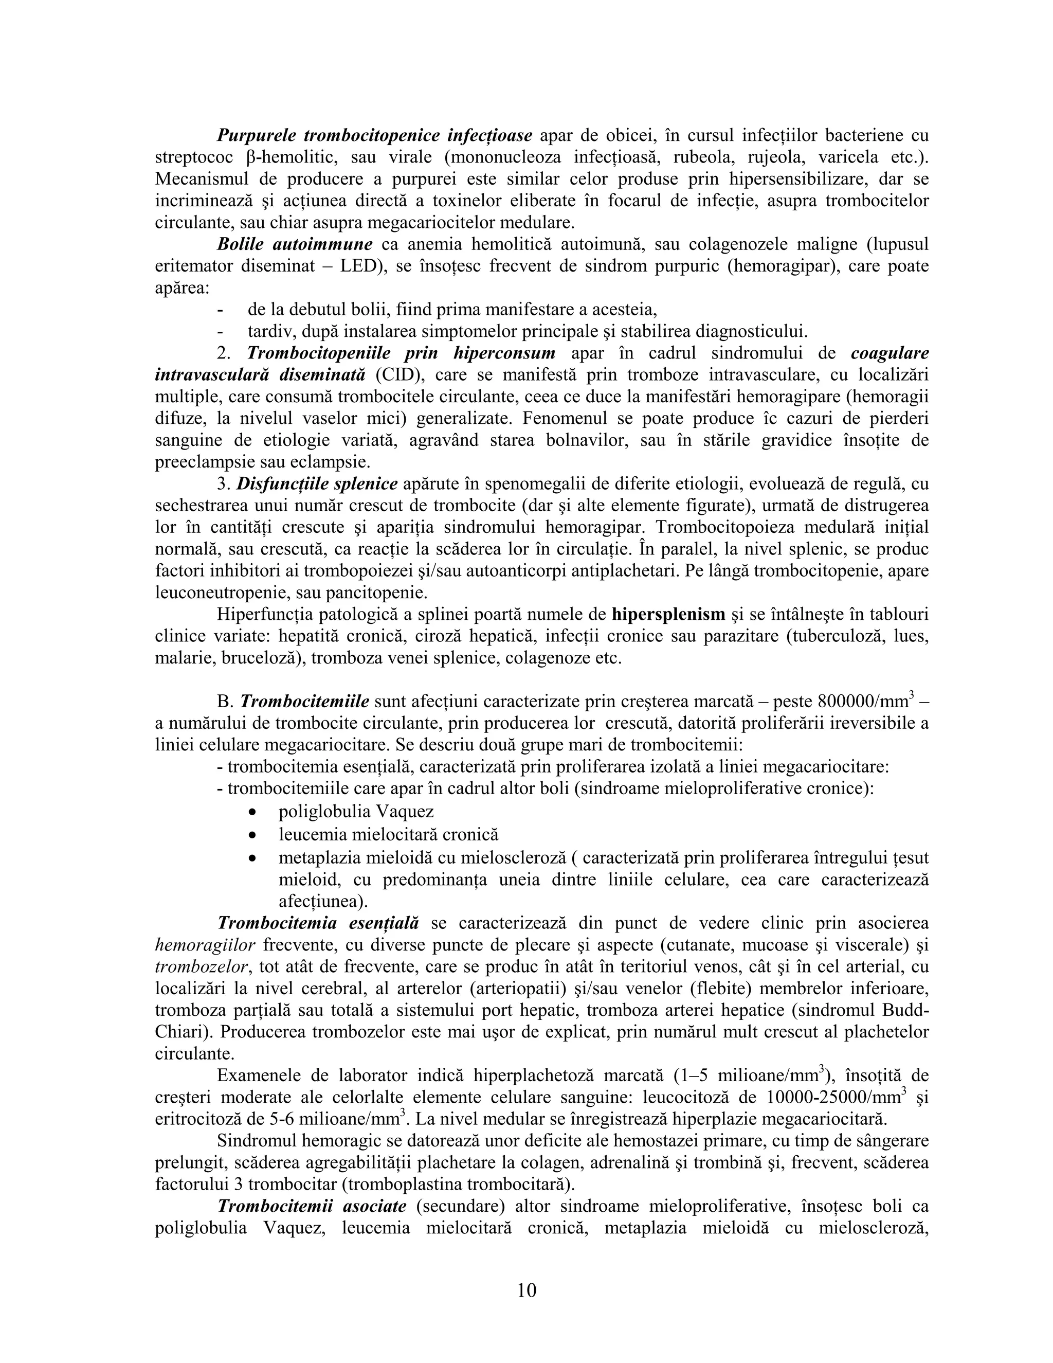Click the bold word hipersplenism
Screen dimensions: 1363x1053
(669, 614)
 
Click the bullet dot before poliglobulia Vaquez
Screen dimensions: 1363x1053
(252, 813)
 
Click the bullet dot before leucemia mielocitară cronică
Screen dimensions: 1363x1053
(252, 835)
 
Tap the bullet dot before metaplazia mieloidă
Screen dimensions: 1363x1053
(252, 858)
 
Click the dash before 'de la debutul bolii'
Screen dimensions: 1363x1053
(220, 310)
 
